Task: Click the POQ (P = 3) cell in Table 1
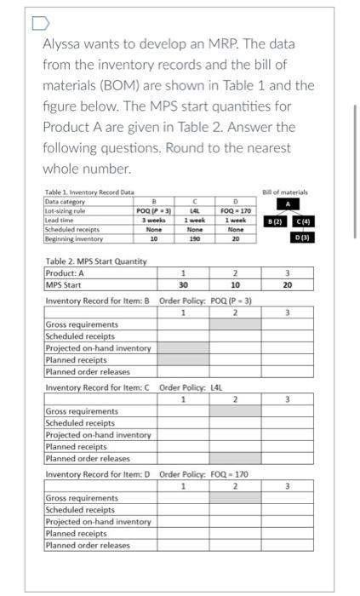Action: coord(146,211)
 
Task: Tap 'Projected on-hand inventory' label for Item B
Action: coord(98,347)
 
